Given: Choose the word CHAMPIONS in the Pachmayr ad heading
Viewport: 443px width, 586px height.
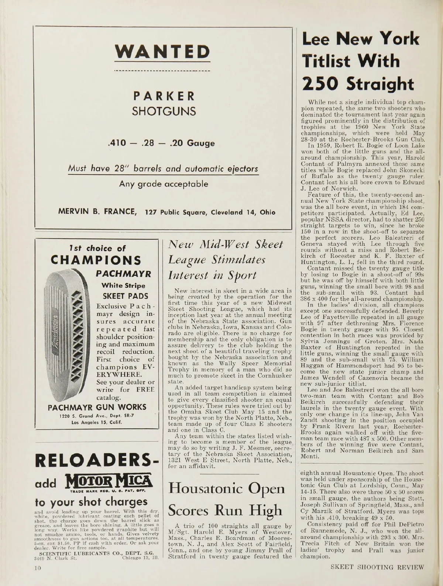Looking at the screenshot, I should [x=96, y=261].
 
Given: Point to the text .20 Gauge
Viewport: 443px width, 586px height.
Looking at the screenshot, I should [x=197, y=143].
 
